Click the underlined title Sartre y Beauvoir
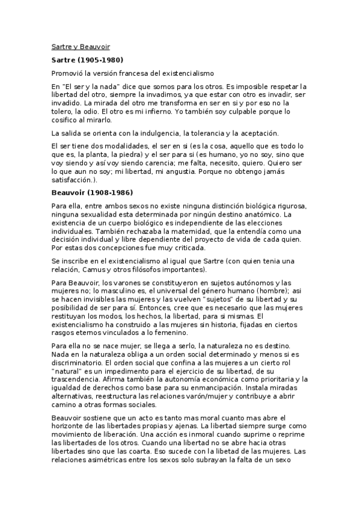79,46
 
